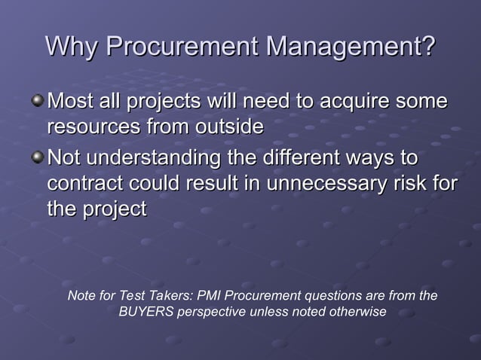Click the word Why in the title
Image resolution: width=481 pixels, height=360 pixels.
click(72, 47)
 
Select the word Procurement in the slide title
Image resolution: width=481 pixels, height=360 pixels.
click(181, 47)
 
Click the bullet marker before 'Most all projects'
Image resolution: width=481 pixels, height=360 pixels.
click(38, 101)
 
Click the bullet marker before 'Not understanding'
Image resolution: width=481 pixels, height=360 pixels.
click(38, 158)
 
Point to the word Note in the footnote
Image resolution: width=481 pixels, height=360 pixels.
click(81, 296)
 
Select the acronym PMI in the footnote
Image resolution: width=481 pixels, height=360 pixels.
click(209, 296)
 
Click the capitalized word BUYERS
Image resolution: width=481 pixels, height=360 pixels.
click(146, 312)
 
